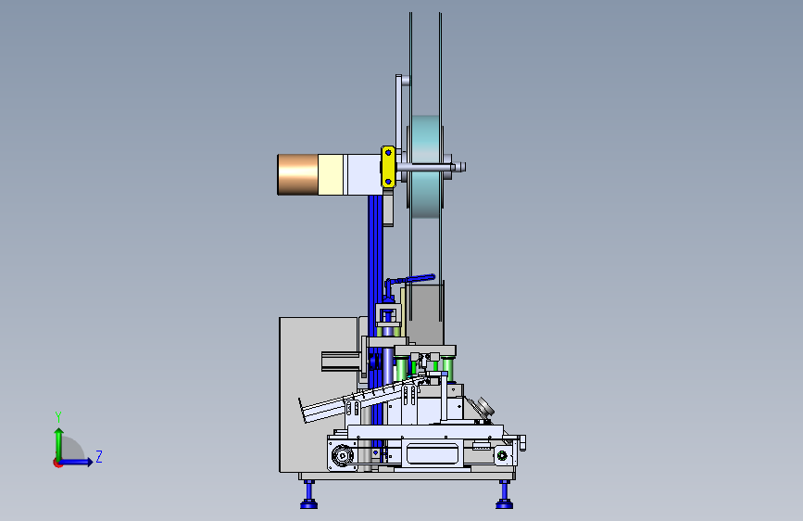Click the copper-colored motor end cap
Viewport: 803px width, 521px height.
(297, 175)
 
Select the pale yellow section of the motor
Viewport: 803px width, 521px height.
(331, 175)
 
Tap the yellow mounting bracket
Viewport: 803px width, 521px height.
(388, 167)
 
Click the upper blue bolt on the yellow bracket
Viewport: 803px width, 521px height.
(388, 152)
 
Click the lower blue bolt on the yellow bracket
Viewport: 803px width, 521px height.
(388, 182)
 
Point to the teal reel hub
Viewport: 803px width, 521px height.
(425, 167)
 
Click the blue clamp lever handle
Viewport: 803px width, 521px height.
(409, 280)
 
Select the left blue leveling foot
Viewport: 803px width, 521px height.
(308, 495)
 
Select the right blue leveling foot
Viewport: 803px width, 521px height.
(505, 495)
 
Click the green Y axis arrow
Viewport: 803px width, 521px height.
(59, 444)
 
